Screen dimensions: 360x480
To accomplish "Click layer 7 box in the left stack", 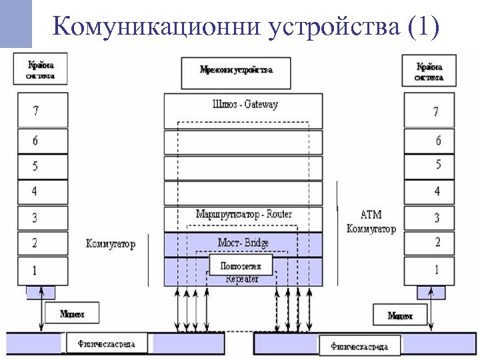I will click(43, 110).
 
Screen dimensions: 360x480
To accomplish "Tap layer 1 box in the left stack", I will click(43, 270).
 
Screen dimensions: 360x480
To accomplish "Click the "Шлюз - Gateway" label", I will click(244, 105).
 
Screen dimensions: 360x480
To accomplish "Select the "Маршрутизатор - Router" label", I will click(244, 215).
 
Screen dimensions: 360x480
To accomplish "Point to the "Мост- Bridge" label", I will click(243, 243).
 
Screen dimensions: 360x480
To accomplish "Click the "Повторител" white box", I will click(241, 265).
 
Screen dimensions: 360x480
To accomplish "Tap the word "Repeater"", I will click(242, 279).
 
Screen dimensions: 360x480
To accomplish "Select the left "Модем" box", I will click(71, 313).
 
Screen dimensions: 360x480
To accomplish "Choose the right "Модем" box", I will click(400, 315).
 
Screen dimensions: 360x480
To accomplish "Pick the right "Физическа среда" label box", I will click(359, 346).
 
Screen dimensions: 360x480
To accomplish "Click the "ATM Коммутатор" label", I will click(371, 222).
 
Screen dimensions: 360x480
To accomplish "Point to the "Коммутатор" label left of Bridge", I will click(110, 244).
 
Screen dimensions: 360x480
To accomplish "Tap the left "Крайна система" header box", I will click(41, 71).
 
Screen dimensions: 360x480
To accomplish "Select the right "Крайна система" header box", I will click(429, 71).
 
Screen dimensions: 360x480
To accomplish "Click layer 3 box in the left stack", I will click(43, 218).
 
